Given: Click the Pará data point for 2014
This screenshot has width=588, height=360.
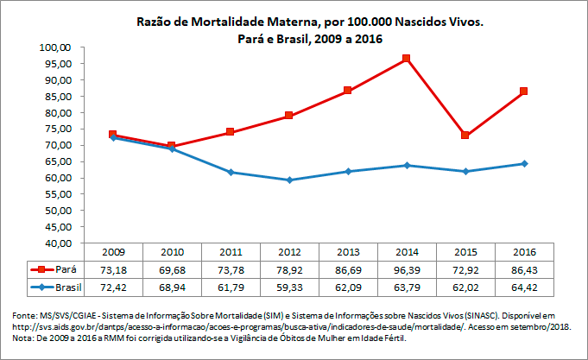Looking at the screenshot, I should tap(406, 59).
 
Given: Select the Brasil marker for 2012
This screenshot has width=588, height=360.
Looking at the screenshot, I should tap(289, 180).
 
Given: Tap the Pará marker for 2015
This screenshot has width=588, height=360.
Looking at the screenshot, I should tap(465, 135).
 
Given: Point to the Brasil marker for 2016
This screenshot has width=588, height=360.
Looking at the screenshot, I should tap(523, 164).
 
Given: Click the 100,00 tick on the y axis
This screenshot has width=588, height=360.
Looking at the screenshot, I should tap(56, 47).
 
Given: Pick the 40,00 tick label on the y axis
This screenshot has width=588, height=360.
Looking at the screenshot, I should tap(56, 243).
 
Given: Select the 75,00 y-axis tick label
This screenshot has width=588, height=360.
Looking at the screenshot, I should tap(56, 129).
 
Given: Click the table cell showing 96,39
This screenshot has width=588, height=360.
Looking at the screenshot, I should tap(406, 269).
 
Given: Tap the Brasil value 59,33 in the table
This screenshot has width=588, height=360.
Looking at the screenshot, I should tap(289, 286).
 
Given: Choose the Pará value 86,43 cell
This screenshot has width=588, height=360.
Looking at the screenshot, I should tap(523, 269).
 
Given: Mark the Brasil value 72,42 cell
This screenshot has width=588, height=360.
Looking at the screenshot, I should tap(113, 286).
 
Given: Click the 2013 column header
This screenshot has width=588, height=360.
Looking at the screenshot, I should tap(347, 252).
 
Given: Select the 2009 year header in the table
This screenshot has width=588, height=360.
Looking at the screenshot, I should tap(113, 252).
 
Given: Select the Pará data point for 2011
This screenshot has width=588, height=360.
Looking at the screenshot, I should tap(231, 132).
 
